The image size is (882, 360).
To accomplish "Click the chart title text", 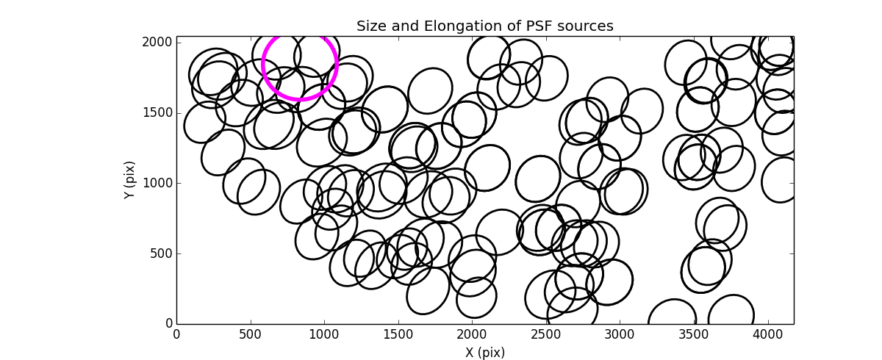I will point(484,26).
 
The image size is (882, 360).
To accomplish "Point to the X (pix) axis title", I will point(484,353).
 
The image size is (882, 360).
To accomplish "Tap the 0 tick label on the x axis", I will point(176,334).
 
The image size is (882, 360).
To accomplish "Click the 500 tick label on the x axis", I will point(250,334).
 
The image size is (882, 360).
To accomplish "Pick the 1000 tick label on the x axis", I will point(324,334).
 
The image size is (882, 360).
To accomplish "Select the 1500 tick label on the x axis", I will point(398,334).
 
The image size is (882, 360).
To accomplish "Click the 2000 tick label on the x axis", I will point(472,334).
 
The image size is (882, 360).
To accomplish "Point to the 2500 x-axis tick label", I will point(545,334).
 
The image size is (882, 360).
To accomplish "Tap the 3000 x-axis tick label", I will point(620,334).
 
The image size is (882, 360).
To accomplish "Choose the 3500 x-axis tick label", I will point(693,334).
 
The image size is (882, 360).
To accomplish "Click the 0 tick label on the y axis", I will point(168,324).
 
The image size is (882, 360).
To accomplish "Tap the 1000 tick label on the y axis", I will point(159,183).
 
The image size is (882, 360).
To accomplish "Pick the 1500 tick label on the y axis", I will point(159,112).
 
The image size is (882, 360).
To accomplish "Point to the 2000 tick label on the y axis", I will point(159,43).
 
